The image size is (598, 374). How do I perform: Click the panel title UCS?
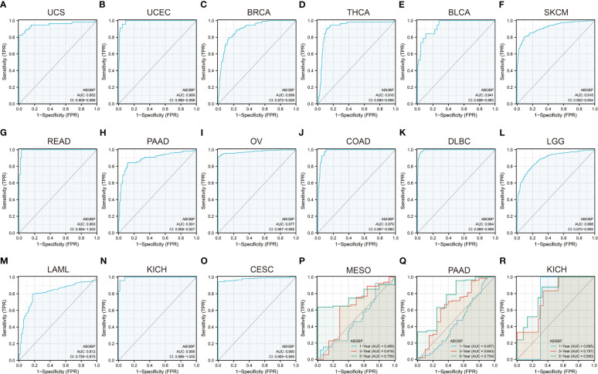click(55, 13)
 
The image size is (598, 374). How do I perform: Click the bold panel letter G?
click(5, 131)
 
